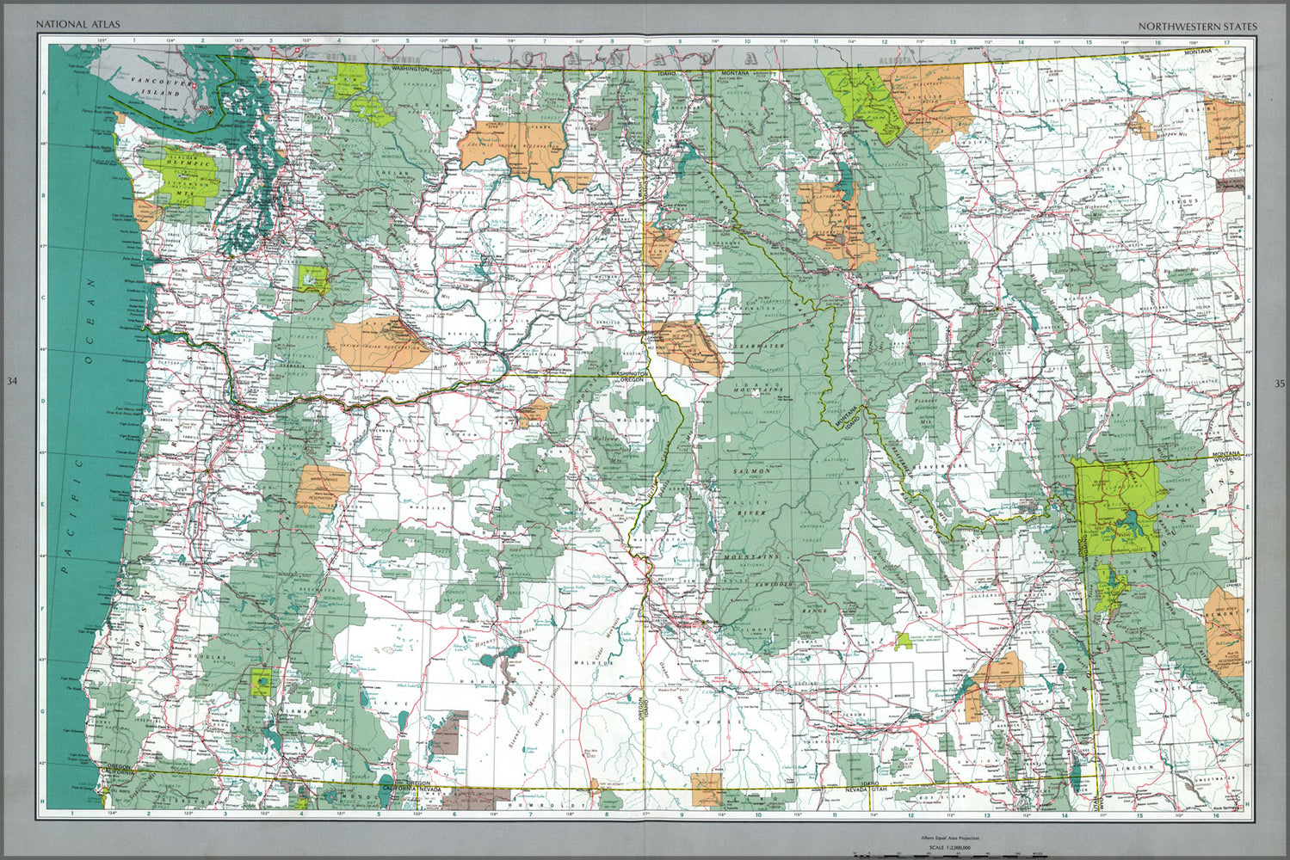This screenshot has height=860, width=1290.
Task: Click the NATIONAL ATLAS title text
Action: (65, 26)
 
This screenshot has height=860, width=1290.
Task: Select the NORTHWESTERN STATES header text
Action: (1197, 26)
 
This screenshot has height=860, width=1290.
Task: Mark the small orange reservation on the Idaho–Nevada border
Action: (707, 787)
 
